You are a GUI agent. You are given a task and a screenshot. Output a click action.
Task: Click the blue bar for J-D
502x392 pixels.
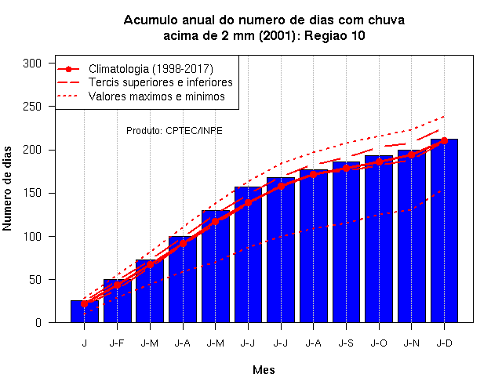(x=444, y=230)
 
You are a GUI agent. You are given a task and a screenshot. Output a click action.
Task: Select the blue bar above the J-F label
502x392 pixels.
(x=117, y=301)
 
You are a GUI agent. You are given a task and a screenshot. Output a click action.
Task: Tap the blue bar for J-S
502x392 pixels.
(x=346, y=242)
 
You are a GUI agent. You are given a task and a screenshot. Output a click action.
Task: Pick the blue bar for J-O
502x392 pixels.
(x=379, y=239)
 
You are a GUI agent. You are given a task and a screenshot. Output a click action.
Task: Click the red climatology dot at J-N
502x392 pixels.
(x=411, y=155)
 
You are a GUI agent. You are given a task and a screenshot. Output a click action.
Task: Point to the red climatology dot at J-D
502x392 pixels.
(x=444, y=141)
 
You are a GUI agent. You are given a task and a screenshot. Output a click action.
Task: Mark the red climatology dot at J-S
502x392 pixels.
(x=346, y=169)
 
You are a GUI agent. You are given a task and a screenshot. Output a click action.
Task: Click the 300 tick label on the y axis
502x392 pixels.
(x=32, y=64)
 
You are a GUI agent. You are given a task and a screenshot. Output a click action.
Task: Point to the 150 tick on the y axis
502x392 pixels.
(x=32, y=194)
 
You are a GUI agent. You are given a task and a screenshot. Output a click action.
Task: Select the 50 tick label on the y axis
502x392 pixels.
(x=35, y=280)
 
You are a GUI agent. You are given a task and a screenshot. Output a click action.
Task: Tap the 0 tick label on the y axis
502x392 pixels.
(x=38, y=323)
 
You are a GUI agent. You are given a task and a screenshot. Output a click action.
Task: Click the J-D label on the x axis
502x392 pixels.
(x=445, y=343)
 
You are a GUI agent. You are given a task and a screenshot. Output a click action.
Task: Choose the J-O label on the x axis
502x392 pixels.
(x=379, y=343)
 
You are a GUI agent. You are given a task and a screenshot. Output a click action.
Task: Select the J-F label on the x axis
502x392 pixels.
(x=117, y=343)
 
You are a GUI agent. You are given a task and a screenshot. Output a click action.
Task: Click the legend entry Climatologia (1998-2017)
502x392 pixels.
(x=151, y=69)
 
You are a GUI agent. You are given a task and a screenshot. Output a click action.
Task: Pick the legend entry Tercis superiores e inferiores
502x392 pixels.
(x=161, y=82)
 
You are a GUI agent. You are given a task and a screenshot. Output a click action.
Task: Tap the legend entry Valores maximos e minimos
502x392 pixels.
(x=157, y=96)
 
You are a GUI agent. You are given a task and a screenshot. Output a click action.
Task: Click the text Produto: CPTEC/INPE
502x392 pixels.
(x=174, y=131)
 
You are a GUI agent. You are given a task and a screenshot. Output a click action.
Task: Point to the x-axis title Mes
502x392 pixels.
(x=264, y=370)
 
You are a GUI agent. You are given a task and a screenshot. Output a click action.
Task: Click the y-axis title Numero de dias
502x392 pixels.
(x=7, y=189)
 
